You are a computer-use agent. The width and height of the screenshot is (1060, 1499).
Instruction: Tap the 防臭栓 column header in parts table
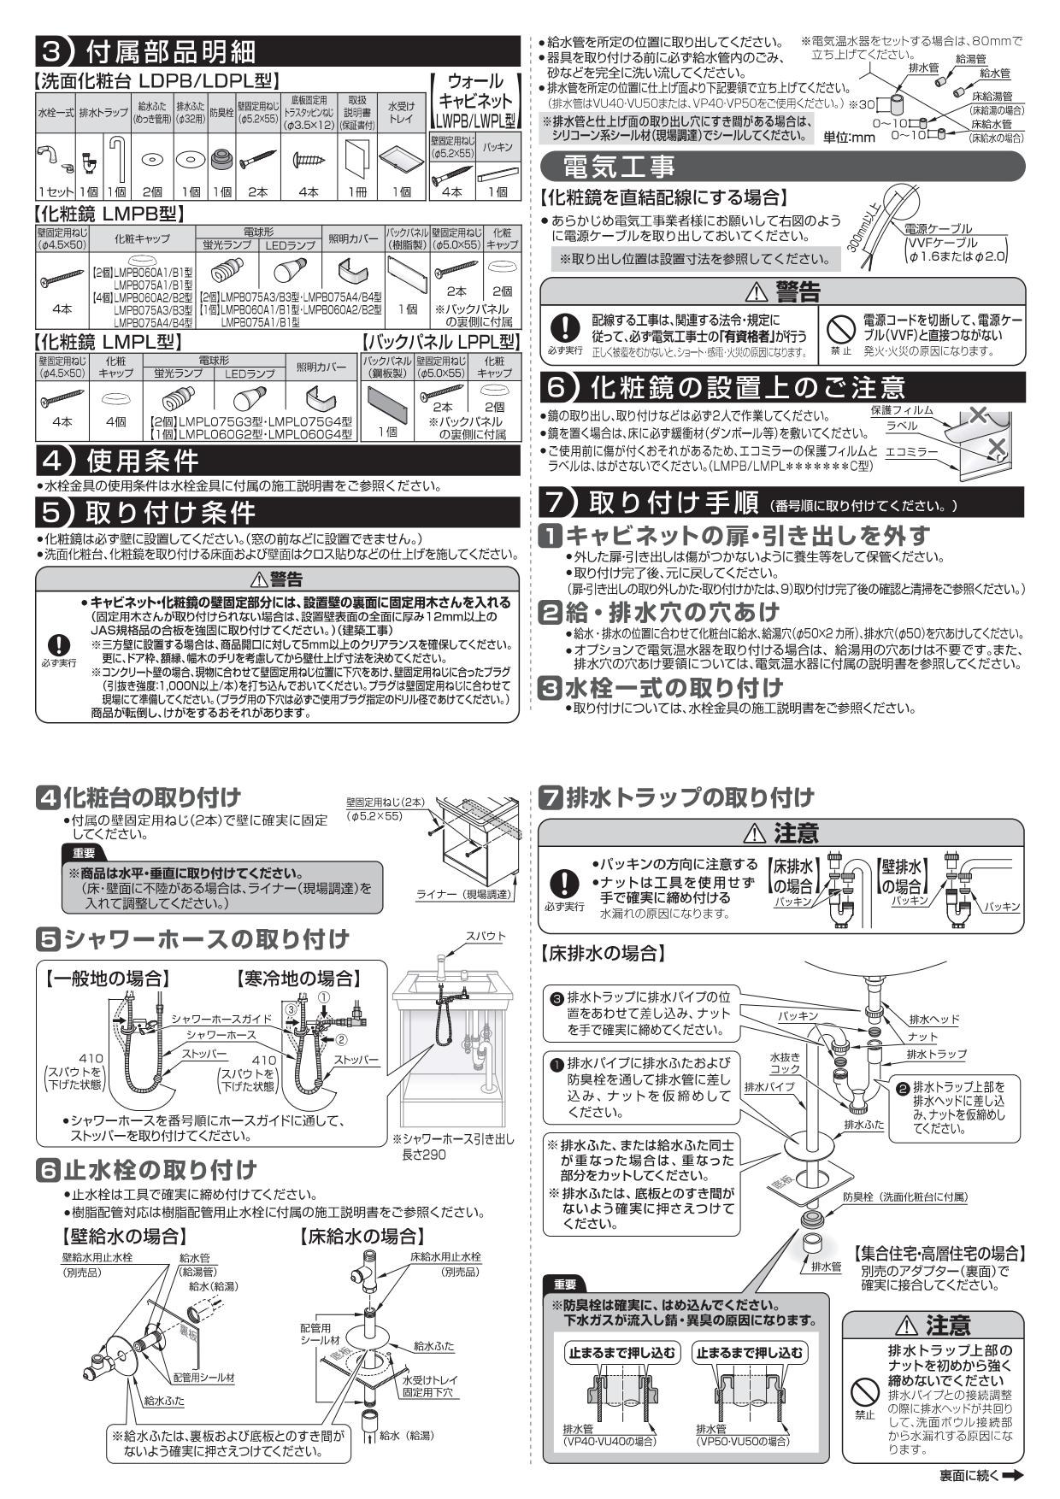(221, 112)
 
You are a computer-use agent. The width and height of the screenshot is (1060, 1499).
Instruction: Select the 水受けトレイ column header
(401, 112)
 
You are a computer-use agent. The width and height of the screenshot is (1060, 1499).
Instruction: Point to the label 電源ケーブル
(938, 228)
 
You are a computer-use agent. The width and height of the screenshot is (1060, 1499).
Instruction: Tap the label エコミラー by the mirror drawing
(911, 451)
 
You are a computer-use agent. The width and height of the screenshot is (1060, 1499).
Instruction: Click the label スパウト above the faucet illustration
(485, 936)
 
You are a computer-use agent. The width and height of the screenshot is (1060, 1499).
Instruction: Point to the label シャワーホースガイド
(221, 1019)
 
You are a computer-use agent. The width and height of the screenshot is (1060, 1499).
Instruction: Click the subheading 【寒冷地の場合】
(298, 978)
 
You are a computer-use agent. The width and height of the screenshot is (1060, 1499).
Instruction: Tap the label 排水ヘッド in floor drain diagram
(933, 1020)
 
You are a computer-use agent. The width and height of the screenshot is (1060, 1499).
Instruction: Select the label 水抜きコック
(785, 1062)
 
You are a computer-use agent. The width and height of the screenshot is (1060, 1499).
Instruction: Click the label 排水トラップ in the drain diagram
(936, 1054)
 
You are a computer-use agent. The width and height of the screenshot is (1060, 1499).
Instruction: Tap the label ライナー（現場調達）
(462, 894)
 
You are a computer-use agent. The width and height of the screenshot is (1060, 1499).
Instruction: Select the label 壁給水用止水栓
(97, 1257)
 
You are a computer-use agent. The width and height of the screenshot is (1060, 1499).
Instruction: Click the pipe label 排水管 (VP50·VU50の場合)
(742, 1435)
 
